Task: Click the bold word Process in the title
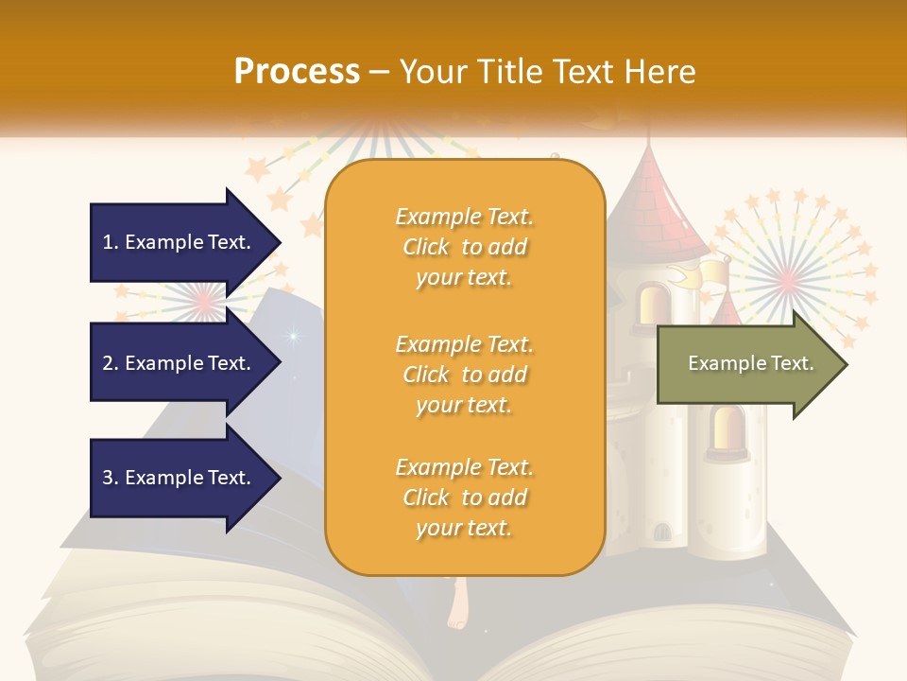297,71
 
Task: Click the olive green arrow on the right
751,363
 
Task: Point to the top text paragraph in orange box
464,247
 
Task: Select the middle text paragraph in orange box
464,375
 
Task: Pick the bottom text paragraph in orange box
464,498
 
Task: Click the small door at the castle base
662,532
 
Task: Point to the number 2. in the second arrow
111,363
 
